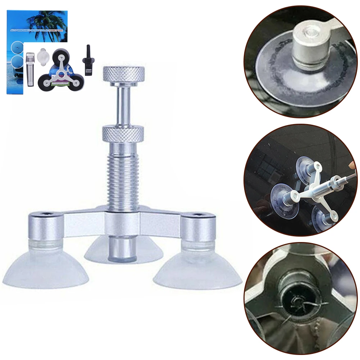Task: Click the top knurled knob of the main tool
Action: coord(124,74)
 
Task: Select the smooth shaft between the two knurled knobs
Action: coord(123,104)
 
